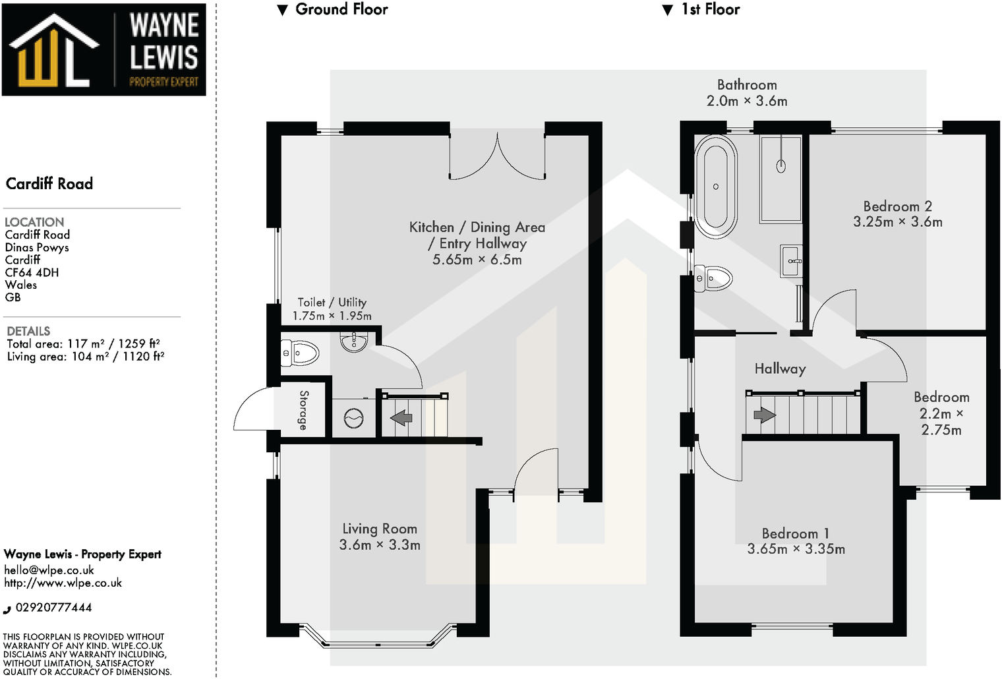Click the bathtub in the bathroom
coord(715,187)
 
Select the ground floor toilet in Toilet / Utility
coord(300,353)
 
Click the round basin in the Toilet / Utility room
coord(354,341)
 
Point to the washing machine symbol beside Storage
coord(354,419)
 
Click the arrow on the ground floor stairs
coord(401,417)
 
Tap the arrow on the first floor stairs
coord(764,415)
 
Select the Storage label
coord(303,410)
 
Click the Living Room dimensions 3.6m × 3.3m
coord(380,545)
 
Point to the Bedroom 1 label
coord(795,533)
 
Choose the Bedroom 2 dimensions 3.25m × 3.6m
coord(897,222)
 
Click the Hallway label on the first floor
coord(780,369)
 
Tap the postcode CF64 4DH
coord(32,272)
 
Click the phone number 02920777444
coord(53,607)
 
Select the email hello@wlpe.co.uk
coord(49,570)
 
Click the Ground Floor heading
coord(341,9)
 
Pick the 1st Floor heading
coord(710,9)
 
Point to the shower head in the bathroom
coord(781,165)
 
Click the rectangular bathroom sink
coord(791,261)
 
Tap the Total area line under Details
coord(83,343)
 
